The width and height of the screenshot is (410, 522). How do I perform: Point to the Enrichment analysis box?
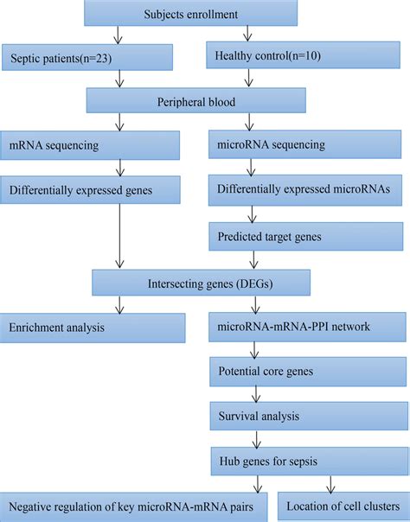pyautogui.click(x=93, y=328)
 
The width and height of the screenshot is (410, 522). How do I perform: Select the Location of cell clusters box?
pyautogui.click(x=343, y=506)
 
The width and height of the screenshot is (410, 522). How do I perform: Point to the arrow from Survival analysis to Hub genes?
pyautogui.click(x=252, y=438)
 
